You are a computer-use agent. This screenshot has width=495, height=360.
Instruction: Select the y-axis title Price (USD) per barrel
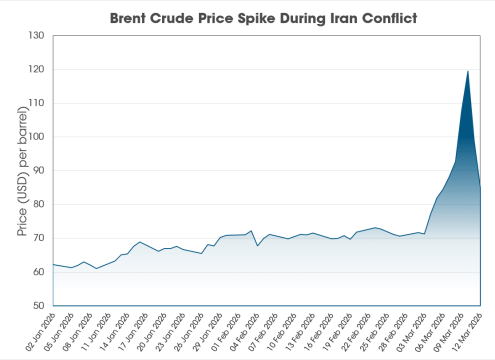pyautogui.click(x=21, y=170)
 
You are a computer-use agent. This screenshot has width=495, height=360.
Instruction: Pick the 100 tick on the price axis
pyautogui.click(x=36, y=137)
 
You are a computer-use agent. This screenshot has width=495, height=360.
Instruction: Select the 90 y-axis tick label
pyautogui.click(x=38, y=171)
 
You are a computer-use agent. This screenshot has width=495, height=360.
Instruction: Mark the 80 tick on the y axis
pyautogui.click(x=38, y=204)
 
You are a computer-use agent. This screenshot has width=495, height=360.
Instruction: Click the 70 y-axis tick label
pyautogui.click(x=38, y=238)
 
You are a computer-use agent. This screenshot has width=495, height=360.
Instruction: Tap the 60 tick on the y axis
pyautogui.click(x=38, y=272)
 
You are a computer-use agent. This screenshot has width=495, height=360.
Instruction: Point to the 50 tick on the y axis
pyautogui.click(x=38, y=306)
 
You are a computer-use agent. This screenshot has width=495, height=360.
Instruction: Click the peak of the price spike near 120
pyautogui.click(x=468, y=71)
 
